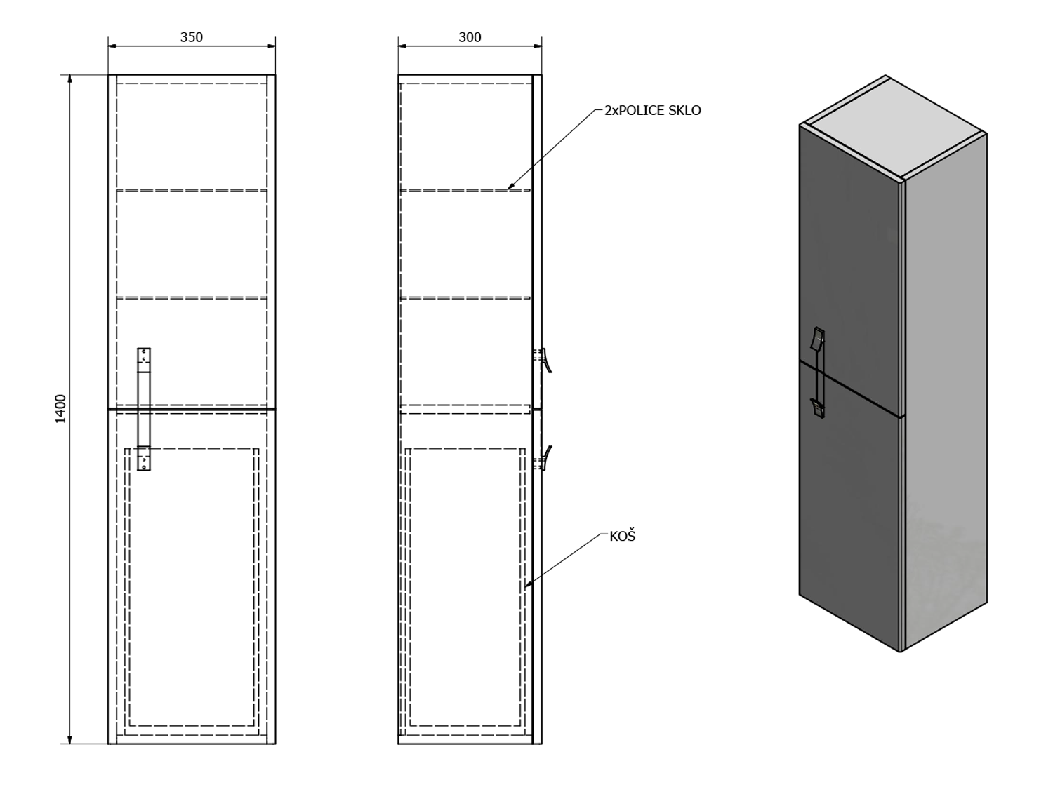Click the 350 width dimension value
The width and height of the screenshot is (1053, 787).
192,37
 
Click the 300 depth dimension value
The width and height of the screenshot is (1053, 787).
470,37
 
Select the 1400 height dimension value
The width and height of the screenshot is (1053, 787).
61,409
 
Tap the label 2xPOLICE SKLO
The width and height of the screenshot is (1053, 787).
652,111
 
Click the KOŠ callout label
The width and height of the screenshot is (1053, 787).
622,536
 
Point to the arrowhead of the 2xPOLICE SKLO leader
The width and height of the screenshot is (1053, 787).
510,187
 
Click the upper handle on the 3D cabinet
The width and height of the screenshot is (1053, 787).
818,338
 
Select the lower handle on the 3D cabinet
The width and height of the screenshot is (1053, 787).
818,408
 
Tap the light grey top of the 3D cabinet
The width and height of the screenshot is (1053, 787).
894,128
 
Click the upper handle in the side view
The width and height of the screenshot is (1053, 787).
544,360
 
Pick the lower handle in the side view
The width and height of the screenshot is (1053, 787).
544,458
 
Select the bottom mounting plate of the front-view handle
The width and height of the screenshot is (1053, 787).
144,458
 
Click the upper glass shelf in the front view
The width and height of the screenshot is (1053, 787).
192,190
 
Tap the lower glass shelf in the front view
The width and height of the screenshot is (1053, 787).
192,298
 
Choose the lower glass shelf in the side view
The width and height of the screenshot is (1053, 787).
465,298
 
